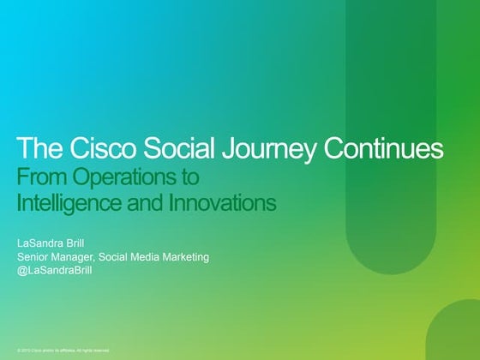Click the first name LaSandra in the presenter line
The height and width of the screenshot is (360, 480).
(x=41, y=243)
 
